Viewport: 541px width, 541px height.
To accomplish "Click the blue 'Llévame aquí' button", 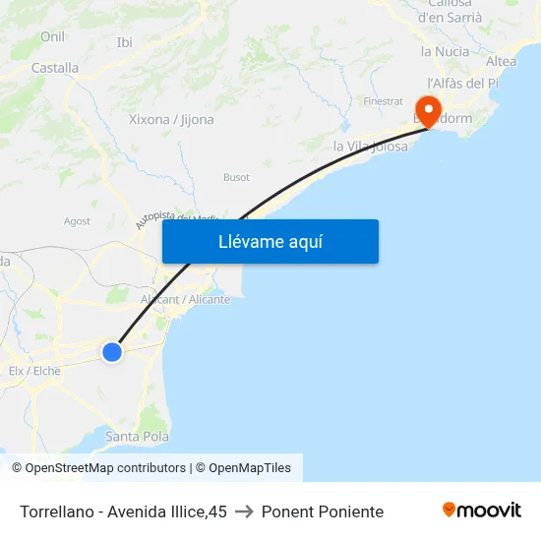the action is pos(270,241).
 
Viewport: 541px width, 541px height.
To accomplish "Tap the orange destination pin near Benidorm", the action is pos(429,109).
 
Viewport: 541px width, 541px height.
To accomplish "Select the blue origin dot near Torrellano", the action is pos(112,351).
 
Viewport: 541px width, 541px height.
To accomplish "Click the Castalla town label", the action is pos(55,68).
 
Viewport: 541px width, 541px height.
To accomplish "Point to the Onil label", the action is pos(52,36).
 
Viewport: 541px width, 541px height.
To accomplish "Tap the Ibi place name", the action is pos(124,42).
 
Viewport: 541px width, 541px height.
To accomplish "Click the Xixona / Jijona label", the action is pos(171,120).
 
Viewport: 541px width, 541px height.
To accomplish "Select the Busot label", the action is pos(236,178).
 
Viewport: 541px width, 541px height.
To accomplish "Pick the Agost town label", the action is pos(77,221).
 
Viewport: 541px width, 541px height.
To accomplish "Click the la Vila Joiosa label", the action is pos(370,147).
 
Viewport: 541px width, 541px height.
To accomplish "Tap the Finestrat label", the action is pos(383,101).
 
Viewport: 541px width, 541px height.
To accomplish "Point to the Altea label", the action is pos(501,62).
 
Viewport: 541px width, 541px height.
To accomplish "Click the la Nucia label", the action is pos(442,51).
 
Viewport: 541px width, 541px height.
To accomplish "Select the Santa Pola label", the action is pos(137,437).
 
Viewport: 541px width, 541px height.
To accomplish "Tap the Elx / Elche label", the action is pos(34,371).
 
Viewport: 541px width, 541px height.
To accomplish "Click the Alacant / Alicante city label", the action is pos(185,299).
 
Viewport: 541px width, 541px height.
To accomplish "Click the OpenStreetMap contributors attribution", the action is pos(104,468).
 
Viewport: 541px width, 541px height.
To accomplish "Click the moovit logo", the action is pos(482,511).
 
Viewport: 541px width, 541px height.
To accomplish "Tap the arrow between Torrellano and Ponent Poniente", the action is pos(244,511).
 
